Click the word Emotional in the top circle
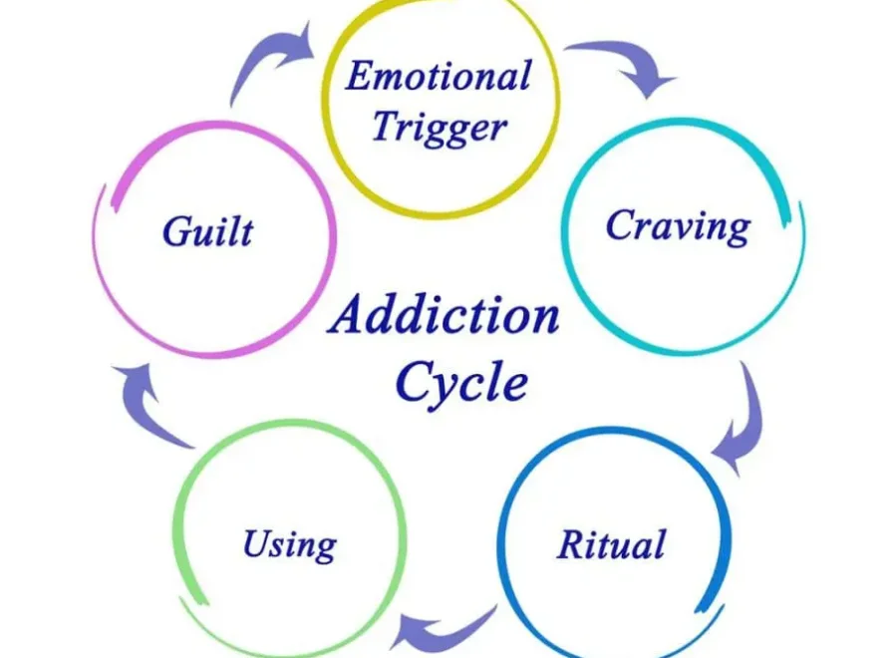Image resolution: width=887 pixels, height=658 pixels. [438, 77]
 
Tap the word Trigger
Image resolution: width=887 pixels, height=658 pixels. [439, 128]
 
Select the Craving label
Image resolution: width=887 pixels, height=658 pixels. [678, 226]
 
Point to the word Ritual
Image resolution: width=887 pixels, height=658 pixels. [610, 545]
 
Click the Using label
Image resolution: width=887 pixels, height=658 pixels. [289, 545]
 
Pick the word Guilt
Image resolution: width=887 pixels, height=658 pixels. [207, 231]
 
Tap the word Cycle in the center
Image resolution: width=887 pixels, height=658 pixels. [460, 382]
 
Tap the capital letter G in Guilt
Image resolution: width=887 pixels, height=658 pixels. [176, 231]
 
